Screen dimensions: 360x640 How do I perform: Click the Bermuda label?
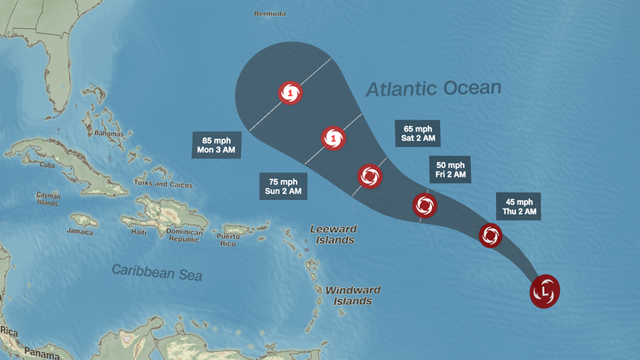pos(270,14)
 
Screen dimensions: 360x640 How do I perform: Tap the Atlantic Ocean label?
pos(433,89)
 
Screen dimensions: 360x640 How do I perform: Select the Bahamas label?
pos(109,134)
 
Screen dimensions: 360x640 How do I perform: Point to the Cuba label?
pos(48,165)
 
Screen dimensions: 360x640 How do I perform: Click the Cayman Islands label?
pos(48,199)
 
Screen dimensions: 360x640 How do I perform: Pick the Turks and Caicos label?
pos(163,184)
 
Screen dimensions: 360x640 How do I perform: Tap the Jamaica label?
pos(80,232)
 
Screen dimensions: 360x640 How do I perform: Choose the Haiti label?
pos(139,232)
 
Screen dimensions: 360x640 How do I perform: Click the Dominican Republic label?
pos(184,235)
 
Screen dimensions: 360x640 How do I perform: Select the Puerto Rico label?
pos(228,240)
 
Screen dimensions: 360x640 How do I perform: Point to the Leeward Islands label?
pos(333,234)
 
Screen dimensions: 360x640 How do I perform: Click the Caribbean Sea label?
pos(157,272)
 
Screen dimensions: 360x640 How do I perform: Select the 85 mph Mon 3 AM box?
pos(217,145)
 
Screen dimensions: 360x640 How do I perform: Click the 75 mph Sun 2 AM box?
pos(283,186)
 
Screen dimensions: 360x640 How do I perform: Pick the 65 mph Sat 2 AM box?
pos(418,133)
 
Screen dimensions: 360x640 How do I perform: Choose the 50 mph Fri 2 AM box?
pos(450,170)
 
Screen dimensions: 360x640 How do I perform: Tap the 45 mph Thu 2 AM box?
pos(518,207)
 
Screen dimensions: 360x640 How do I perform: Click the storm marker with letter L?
pos(545,292)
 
